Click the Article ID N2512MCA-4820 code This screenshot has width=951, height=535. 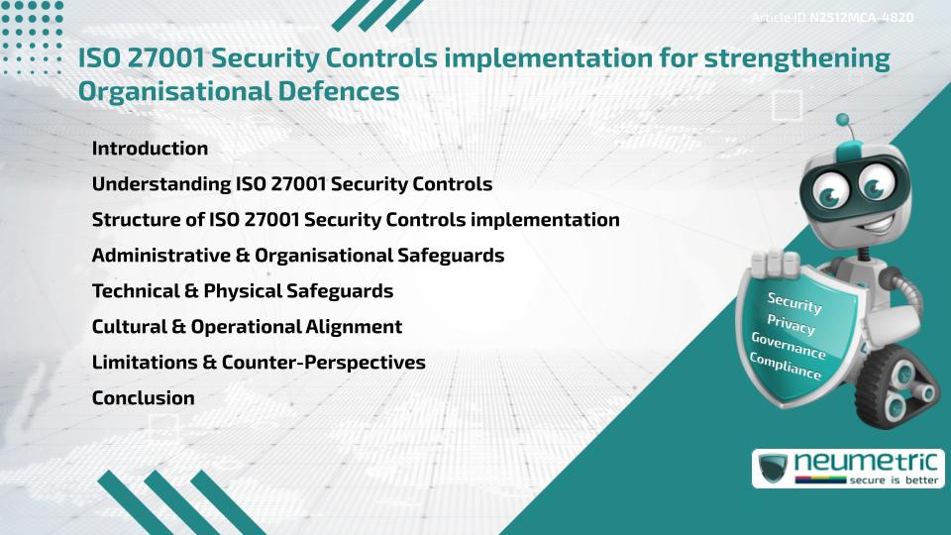(x=860, y=18)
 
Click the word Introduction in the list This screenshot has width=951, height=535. (x=150, y=149)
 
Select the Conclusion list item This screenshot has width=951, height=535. (x=143, y=398)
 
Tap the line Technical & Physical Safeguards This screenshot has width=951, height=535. (x=242, y=291)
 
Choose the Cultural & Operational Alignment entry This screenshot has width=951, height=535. (x=247, y=327)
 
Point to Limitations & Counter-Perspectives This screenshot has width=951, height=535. (x=259, y=363)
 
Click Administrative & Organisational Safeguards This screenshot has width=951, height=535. (x=297, y=256)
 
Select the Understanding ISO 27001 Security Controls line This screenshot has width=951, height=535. (x=291, y=184)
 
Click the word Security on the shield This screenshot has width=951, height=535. (x=794, y=302)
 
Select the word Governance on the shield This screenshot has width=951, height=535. (x=789, y=346)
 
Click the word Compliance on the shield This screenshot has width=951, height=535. (x=786, y=366)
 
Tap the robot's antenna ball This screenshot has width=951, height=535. (x=843, y=121)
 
